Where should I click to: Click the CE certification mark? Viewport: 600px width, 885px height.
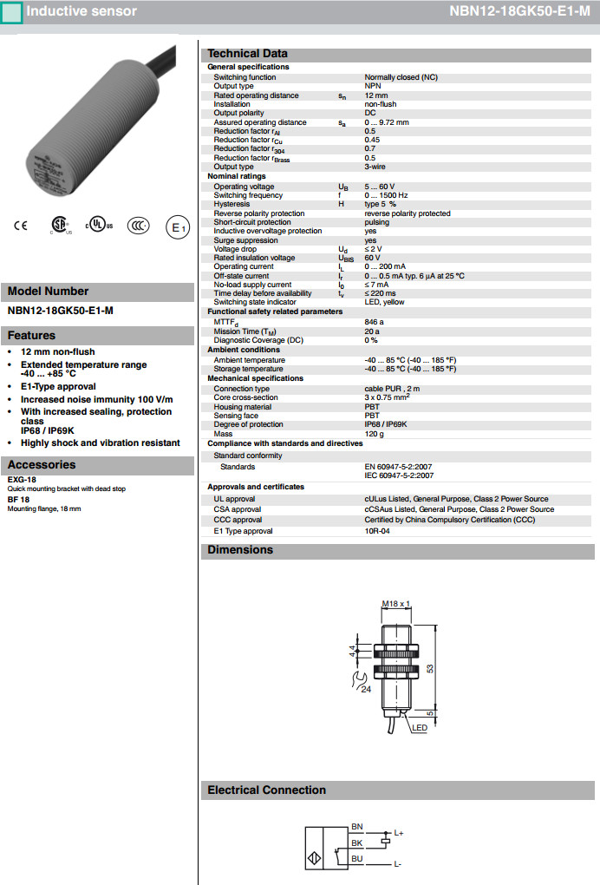click(x=20, y=226)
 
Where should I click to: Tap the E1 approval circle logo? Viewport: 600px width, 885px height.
click(x=177, y=228)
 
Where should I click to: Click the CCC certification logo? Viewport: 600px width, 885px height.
click(x=138, y=226)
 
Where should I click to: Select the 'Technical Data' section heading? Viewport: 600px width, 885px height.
click(x=247, y=54)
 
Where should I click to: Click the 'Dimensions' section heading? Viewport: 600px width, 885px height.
click(x=240, y=550)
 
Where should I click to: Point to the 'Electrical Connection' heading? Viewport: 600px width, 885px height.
click(x=266, y=790)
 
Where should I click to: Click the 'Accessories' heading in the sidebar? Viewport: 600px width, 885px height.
click(x=42, y=465)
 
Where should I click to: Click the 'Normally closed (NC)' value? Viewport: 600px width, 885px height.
click(x=401, y=77)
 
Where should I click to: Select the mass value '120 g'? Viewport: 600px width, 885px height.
click(x=374, y=433)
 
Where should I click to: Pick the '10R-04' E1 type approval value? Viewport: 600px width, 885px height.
click(x=377, y=531)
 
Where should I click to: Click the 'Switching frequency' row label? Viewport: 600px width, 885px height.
click(x=248, y=195)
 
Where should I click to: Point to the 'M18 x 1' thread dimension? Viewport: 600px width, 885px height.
click(x=395, y=603)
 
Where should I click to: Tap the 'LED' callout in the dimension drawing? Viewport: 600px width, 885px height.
click(x=420, y=728)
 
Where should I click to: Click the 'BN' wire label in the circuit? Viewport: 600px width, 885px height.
click(x=356, y=826)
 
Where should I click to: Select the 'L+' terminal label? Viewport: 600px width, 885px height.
click(x=399, y=833)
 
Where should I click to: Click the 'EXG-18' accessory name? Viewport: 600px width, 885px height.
click(x=22, y=479)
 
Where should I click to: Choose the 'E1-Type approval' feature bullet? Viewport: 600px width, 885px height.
click(x=58, y=387)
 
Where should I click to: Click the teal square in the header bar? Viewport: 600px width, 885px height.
click(x=12, y=12)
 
